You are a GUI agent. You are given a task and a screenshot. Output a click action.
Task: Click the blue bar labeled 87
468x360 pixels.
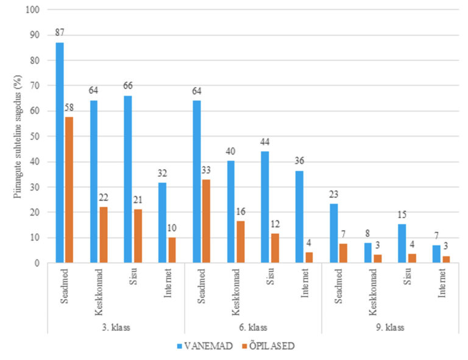tap(59, 152)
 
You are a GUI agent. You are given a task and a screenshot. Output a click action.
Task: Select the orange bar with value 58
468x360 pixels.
tap(69, 189)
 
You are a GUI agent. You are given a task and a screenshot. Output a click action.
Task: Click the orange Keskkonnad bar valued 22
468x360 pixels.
tap(103, 235)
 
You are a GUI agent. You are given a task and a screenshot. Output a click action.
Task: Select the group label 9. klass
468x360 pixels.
tap(389, 326)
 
